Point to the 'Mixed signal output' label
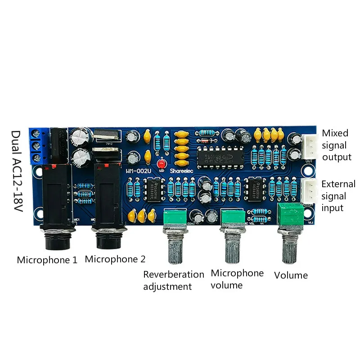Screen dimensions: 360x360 pos(336,145)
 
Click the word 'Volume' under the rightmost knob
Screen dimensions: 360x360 pos(291,275)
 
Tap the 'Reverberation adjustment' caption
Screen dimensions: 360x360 pos(173,280)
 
